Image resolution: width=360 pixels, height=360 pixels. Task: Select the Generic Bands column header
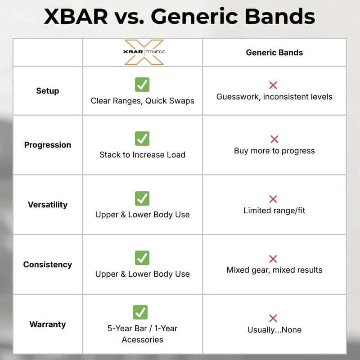click(x=274, y=53)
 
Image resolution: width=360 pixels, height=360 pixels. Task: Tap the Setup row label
click(x=47, y=91)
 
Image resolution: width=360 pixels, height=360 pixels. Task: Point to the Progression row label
click(x=47, y=145)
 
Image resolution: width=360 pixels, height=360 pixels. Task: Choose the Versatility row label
click(x=47, y=205)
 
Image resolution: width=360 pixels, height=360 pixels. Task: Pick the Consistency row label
click(x=47, y=265)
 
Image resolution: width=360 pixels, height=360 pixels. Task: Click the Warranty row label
click(x=47, y=324)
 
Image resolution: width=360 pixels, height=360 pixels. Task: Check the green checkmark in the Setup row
click(x=142, y=84)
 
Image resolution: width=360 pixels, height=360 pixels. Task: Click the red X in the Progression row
click(x=274, y=139)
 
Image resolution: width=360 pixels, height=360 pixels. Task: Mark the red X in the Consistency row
click(x=273, y=259)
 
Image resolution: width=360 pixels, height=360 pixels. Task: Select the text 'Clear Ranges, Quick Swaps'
click(x=142, y=101)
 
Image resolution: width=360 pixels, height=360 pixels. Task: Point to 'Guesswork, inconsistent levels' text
click(x=274, y=97)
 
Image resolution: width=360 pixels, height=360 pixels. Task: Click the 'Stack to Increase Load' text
click(x=142, y=155)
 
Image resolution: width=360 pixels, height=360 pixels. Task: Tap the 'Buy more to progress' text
click(x=274, y=151)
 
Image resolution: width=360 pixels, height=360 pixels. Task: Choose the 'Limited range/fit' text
click(x=274, y=211)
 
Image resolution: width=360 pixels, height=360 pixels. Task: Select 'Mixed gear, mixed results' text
click(x=274, y=270)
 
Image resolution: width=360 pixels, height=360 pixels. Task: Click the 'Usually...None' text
click(x=274, y=330)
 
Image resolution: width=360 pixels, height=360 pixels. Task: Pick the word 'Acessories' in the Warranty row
click(x=142, y=340)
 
